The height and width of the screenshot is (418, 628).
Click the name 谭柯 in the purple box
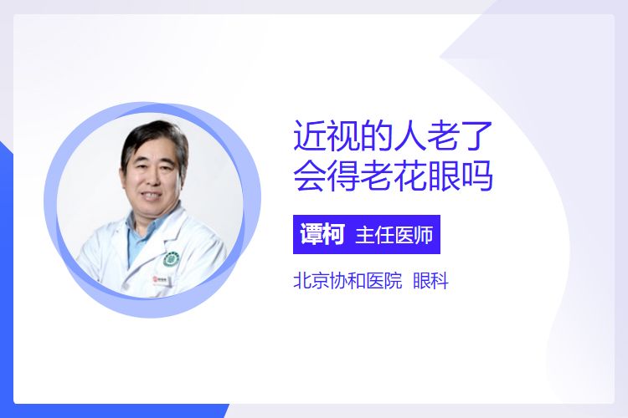click(322, 234)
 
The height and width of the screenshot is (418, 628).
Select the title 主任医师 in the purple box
click(394, 235)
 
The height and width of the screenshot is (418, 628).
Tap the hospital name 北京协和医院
click(347, 280)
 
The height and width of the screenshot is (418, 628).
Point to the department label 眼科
click(430, 280)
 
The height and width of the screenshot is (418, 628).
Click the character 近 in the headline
click(310, 136)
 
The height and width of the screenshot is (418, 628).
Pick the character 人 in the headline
click(409, 136)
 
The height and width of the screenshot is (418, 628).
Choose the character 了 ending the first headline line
click(476, 136)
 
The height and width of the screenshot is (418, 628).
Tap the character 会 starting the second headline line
click(310, 176)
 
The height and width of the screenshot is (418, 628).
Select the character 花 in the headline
click(409, 176)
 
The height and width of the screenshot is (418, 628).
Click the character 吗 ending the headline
click(476, 176)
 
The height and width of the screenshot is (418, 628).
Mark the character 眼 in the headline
click(443, 176)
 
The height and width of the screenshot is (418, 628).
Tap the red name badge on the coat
click(162, 279)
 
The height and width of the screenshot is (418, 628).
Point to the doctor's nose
click(153, 179)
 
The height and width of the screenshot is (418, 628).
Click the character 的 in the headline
click(377, 136)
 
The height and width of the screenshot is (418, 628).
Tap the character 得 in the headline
click(343, 176)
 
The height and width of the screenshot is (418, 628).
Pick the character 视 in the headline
click(343, 136)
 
